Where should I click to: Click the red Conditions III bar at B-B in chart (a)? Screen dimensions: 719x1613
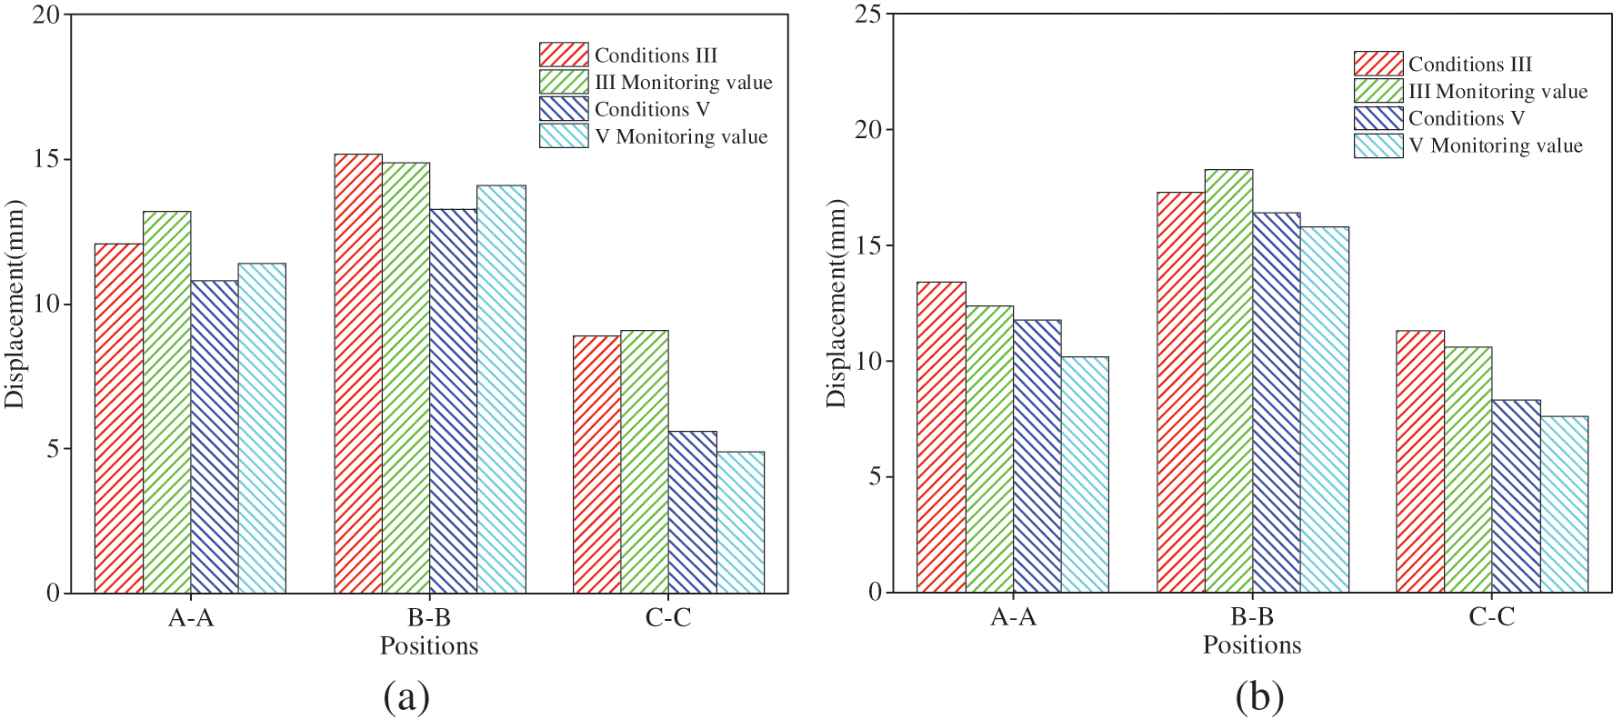click(358, 374)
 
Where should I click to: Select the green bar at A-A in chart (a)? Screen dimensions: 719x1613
click(167, 402)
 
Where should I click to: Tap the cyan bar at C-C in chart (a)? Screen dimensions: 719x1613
click(740, 523)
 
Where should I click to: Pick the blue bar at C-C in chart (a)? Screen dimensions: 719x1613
click(693, 512)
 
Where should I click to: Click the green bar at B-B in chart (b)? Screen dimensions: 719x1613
click(1228, 381)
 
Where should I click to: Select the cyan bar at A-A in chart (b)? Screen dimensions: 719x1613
click(1085, 474)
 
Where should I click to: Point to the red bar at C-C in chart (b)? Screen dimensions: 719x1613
click(1420, 462)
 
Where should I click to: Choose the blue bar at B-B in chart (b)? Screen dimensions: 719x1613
click(1277, 403)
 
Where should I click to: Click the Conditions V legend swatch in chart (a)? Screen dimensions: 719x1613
click(564, 109)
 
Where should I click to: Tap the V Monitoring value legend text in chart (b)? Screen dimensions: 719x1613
click(1496, 145)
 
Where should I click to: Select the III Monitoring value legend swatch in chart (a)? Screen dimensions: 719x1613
click(564, 82)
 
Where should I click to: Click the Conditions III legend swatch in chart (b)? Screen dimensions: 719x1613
click(1378, 64)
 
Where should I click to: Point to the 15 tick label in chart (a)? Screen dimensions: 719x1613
click(46, 159)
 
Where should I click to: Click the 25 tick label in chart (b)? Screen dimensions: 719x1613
click(868, 15)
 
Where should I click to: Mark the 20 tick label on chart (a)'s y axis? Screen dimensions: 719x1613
click(46, 15)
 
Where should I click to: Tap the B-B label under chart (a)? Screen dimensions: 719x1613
click(429, 618)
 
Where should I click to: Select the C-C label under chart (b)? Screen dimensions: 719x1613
click(1492, 617)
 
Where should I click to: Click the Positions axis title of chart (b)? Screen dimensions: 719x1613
click(1252, 645)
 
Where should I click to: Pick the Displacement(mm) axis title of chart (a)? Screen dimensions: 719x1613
click(15, 304)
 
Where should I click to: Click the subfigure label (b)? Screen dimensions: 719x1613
click(1260, 697)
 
